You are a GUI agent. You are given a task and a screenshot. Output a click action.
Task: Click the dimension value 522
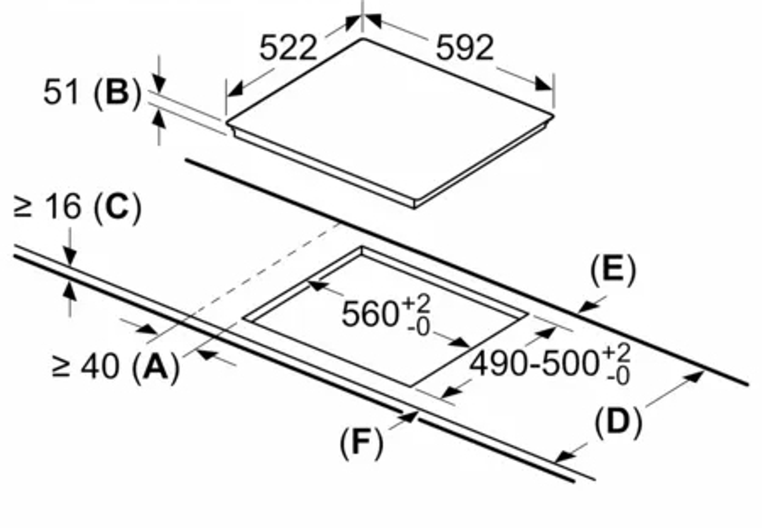pos(288,48)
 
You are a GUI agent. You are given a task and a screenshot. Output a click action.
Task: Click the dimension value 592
pos(464,48)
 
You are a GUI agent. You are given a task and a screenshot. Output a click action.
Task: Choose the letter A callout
pos(156,366)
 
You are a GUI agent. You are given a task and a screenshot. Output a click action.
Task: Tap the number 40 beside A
pos(100,366)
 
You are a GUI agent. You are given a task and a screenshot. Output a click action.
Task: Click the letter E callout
pos(613,269)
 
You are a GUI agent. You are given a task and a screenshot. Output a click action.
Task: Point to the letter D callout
pos(618,422)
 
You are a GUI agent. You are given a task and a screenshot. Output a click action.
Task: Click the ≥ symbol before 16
pos(23,207)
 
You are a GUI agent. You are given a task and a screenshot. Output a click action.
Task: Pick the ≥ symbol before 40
pos(61,367)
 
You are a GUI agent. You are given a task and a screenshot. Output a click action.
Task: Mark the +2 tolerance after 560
pos(416,304)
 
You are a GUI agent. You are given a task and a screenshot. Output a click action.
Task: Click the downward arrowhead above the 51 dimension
pos(159,84)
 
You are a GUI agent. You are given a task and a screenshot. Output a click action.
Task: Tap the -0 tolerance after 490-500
pos(618,377)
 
